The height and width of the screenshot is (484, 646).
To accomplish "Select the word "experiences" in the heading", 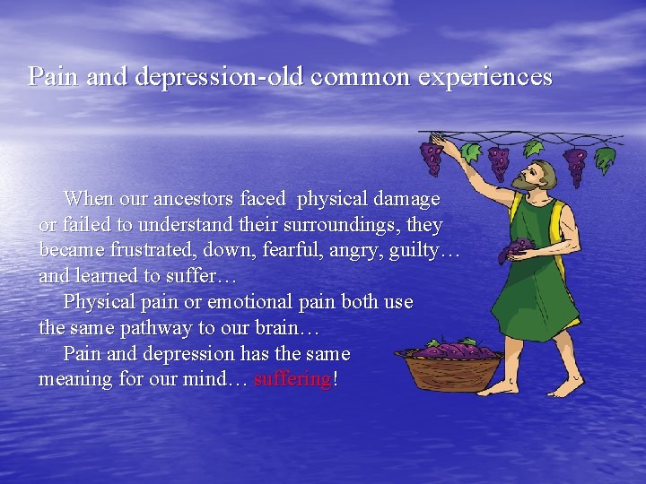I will pos(485,77).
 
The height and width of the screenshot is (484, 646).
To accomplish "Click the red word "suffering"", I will pos(292,379).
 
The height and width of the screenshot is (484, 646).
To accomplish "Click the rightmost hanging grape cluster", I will pos(575,164).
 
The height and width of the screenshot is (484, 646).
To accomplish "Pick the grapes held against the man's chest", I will pos(515,250).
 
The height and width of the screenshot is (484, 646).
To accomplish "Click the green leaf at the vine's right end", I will pos(606,158).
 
